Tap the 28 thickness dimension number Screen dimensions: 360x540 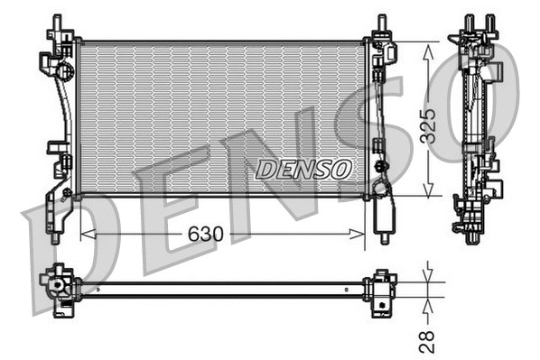(427, 339)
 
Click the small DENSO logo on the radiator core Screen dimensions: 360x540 (303, 169)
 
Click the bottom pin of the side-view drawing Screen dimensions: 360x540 (472, 237)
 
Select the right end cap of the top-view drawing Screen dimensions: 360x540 (382, 288)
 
